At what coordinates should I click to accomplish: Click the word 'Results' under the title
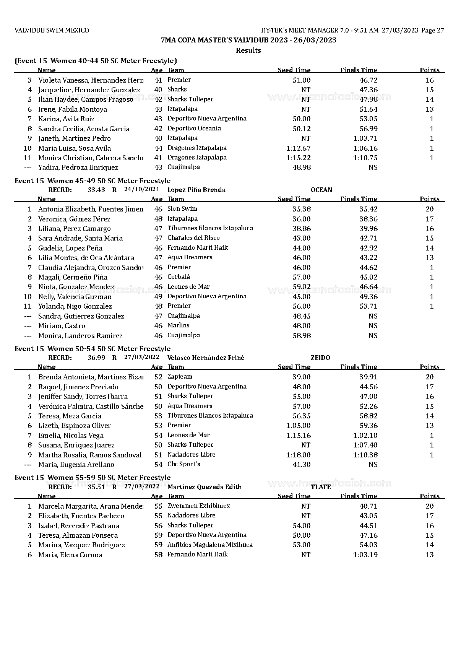click(x=248, y=50)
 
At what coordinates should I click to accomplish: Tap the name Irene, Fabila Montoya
click(x=73, y=109)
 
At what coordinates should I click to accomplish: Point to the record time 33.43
click(x=96, y=190)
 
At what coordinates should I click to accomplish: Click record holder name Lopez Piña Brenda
click(x=196, y=190)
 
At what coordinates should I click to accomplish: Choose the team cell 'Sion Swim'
click(x=182, y=209)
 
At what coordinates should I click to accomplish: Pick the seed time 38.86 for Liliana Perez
click(x=302, y=229)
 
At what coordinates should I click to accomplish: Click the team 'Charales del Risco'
click(x=193, y=238)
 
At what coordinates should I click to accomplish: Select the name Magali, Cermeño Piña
click(x=73, y=277)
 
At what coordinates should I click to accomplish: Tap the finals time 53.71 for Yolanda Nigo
click(x=368, y=306)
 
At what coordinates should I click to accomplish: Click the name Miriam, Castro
click(x=62, y=326)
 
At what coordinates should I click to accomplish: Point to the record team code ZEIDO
click(x=320, y=358)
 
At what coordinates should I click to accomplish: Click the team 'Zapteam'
click(x=180, y=377)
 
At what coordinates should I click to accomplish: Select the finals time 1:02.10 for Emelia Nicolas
click(x=365, y=436)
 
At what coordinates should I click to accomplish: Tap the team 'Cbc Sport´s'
click(x=184, y=464)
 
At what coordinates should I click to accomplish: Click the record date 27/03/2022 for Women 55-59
click(x=142, y=487)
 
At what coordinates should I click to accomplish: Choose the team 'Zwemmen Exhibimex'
click(x=199, y=506)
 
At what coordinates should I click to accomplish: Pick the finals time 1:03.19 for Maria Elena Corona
click(x=365, y=555)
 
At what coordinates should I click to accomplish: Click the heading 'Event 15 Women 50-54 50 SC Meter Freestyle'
click(x=93, y=349)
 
